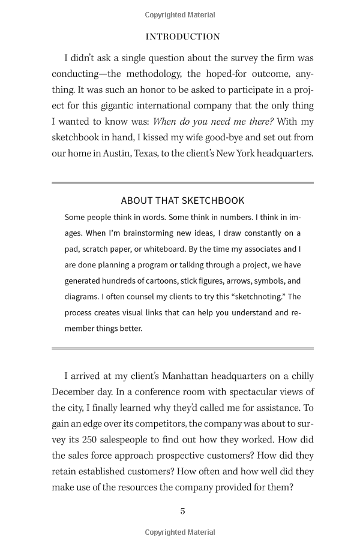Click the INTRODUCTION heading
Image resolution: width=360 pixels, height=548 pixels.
click(x=182, y=37)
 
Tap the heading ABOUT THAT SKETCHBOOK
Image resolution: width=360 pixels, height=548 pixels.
click(x=182, y=201)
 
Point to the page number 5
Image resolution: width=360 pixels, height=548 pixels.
click(x=182, y=511)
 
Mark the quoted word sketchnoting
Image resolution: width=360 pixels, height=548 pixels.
click(x=256, y=297)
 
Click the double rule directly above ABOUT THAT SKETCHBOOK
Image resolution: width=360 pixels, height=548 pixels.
click(x=182, y=183)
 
